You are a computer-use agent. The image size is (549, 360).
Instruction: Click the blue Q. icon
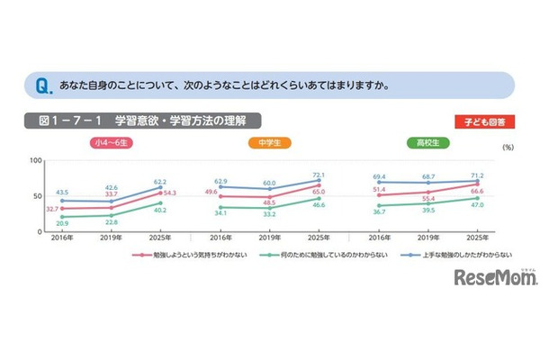coord(41,86)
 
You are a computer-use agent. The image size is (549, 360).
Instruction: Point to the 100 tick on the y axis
coord(36,160)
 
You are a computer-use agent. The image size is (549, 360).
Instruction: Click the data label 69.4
coord(379,178)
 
